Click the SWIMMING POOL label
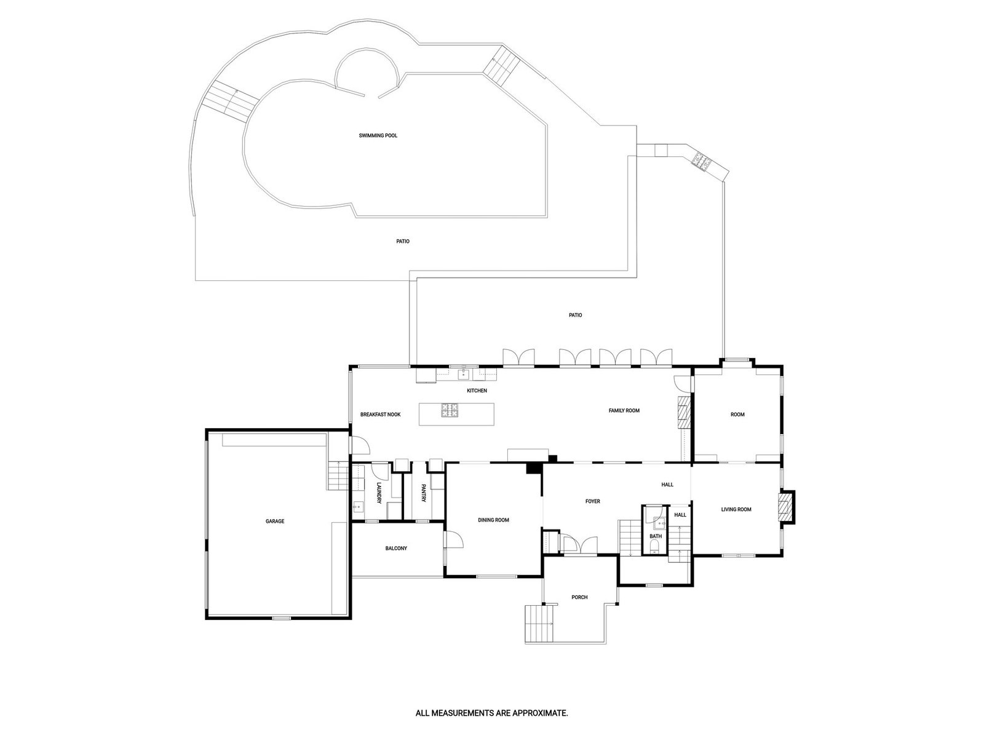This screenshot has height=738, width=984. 378,135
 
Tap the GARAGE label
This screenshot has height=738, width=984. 275,522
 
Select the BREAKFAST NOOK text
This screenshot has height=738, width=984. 380,415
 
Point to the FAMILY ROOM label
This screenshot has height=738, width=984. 624,410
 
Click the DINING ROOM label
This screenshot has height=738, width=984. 493,520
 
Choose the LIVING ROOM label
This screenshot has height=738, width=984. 736,509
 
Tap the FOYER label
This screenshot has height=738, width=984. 592,501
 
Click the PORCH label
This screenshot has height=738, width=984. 579,597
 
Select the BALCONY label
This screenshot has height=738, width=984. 396,549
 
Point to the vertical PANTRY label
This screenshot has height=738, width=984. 424,494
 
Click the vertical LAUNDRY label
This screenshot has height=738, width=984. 379,494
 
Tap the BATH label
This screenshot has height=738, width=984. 656,536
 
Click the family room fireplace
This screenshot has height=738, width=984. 684,411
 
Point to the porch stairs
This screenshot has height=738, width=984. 538,624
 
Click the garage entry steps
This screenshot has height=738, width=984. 337,475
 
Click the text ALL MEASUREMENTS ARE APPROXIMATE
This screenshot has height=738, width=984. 491,714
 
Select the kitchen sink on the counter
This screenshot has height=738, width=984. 464,373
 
